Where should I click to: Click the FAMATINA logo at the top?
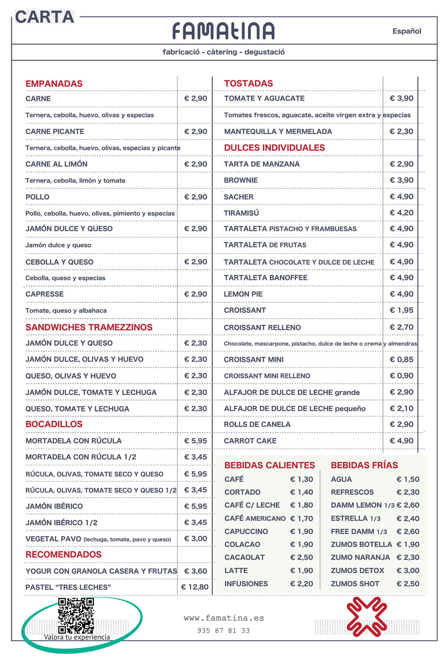(x=223, y=31)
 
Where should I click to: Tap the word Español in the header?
(x=406, y=31)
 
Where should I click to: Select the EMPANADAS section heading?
(x=54, y=84)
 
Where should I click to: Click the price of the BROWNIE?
(x=401, y=180)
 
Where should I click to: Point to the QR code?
(x=76, y=616)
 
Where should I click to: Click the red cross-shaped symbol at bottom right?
(x=366, y=617)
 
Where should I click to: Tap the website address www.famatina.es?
(x=224, y=618)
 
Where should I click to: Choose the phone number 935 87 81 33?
(x=223, y=631)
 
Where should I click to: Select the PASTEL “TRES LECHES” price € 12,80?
(x=195, y=587)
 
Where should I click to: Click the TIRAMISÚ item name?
(x=241, y=213)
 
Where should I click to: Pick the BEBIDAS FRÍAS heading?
(x=364, y=465)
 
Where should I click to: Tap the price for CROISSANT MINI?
(x=401, y=360)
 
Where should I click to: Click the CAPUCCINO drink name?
(x=246, y=531)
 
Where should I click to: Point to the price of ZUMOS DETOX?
(x=408, y=571)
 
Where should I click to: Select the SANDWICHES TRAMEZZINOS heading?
(x=89, y=327)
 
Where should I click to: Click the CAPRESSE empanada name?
(x=45, y=294)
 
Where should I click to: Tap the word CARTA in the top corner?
(x=45, y=17)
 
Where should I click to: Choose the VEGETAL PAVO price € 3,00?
(x=196, y=539)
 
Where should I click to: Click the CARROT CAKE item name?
(x=250, y=441)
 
